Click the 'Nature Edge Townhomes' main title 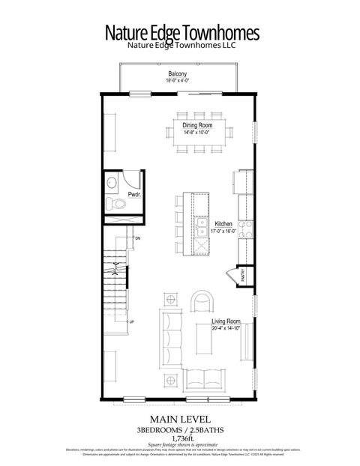pos(181,34)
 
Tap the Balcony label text pos(178,73)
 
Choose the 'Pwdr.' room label pos(135,195)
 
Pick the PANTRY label pos(243,276)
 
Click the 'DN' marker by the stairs pos(137,237)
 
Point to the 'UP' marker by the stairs pos(132,322)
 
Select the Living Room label pos(226,321)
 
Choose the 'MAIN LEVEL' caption pos(179,419)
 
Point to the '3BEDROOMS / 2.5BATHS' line pos(180,429)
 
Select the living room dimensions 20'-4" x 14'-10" pos(226,327)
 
